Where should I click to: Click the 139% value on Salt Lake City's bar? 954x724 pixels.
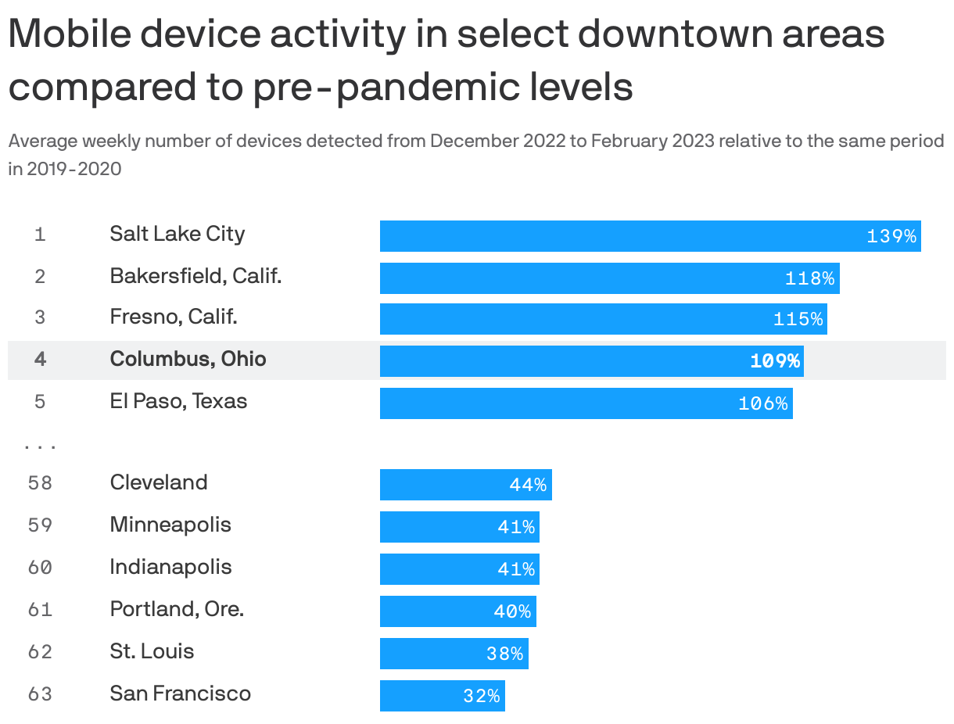coord(891,236)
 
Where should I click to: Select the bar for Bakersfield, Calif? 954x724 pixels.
coord(609,278)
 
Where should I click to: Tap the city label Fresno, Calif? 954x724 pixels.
coord(174,317)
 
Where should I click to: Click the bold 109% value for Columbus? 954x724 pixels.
coord(775,360)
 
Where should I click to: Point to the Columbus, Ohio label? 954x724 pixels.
coord(188,359)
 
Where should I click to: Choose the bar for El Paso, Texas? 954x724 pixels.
coord(586,403)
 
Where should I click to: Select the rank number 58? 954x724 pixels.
coord(40,483)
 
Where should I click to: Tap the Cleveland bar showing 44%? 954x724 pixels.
coord(465,485)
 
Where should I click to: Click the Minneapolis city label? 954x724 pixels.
coord(170,525)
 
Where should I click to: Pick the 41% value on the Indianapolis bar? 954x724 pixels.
coord(516,569)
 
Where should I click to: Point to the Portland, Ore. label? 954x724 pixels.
coord(177,609)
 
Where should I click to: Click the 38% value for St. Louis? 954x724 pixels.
coord(504,654)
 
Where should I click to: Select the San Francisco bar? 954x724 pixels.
coord(442,696)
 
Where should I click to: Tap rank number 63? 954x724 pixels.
coord(40,694)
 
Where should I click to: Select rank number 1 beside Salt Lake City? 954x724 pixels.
coord(40,235)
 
